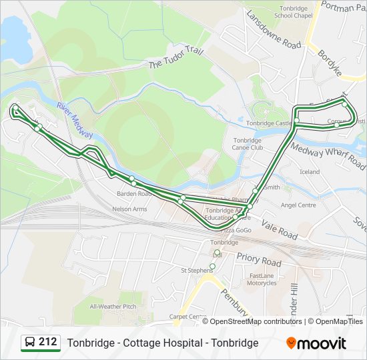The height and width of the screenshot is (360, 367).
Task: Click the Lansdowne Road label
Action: [x=274, y=29]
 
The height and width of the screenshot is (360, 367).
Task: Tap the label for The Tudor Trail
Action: [x=174, y=59]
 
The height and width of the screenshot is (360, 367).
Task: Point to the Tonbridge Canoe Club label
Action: [x=248, y=144]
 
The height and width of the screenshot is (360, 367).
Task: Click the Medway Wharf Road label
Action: [x=328, y=157]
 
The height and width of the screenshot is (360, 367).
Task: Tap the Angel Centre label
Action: [x=298, y=205]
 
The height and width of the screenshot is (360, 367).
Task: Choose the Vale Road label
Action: [x=279, y=230]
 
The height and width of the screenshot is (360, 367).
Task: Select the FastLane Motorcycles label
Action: [x=262, y=279]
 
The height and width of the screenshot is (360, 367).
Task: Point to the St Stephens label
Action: [x=196, y=271]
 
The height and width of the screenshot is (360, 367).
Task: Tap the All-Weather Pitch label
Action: [x=113, y=306]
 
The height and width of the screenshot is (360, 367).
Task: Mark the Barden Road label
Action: [x=134, y=194]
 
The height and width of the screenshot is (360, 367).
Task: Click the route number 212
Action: [x=47, y=342]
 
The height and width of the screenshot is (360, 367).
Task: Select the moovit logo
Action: [x=316, y=343]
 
